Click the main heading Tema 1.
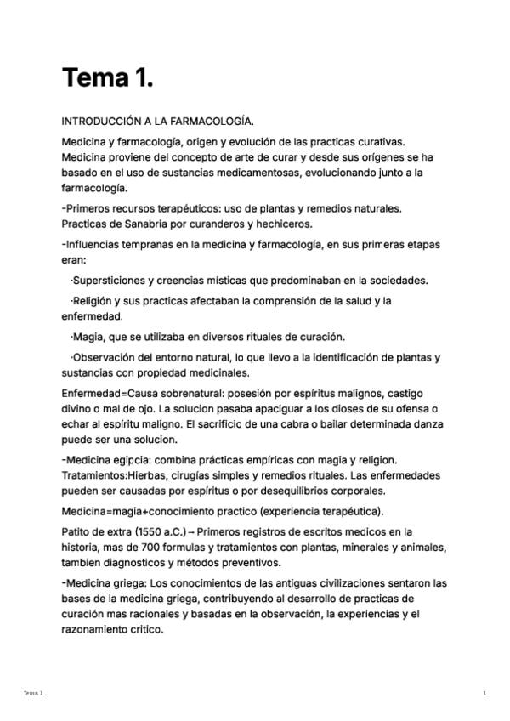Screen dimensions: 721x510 click(x=107, y=78)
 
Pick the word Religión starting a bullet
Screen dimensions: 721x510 click(x=97, y=301)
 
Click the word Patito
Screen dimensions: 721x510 click(x=77, y=531)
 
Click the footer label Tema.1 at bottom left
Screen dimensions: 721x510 click(x=34, y=694)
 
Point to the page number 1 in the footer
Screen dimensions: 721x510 click(x=484, y=694)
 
